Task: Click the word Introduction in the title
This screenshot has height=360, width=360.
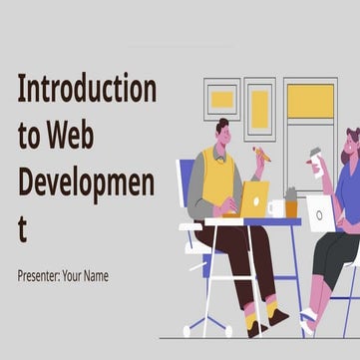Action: pyautogui.click(x=87, y=90)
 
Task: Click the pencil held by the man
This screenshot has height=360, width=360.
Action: pyautogui.click(x=261, y=155)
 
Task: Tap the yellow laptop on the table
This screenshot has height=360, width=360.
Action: pyautogui.click(x=253, y=198)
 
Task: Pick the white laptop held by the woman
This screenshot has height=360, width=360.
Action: pyautogui.click(x=320, y=212)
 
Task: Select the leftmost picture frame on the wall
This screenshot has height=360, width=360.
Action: pyautogui.click(x=221, y=100)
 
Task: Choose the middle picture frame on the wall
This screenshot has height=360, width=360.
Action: pyautogui.click(x=259, y=109)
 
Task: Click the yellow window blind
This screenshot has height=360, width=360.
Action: pyautogui.click(x=310, y=101)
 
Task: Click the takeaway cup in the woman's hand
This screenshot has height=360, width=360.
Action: pyautogui.click(x=315, y=161)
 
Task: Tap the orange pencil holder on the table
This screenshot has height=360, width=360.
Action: pyautogui.click(x=291, y=205)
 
